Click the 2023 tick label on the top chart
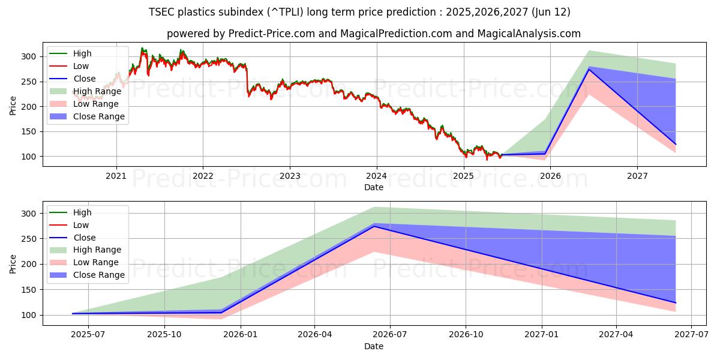click(290, 176)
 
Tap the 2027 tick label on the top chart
click(637, 176)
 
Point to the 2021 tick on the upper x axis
click(116, 176)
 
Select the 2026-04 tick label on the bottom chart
click(315, 335)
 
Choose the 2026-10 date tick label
click(466, 335)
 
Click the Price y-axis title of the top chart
click(13, 106)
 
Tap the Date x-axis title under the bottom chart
click(373, 346)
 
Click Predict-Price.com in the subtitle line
click(271, 34)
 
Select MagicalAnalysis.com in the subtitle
click(529, 34)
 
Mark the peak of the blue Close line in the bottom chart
click(374, 226)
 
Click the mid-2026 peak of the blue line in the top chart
click(589, 70)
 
